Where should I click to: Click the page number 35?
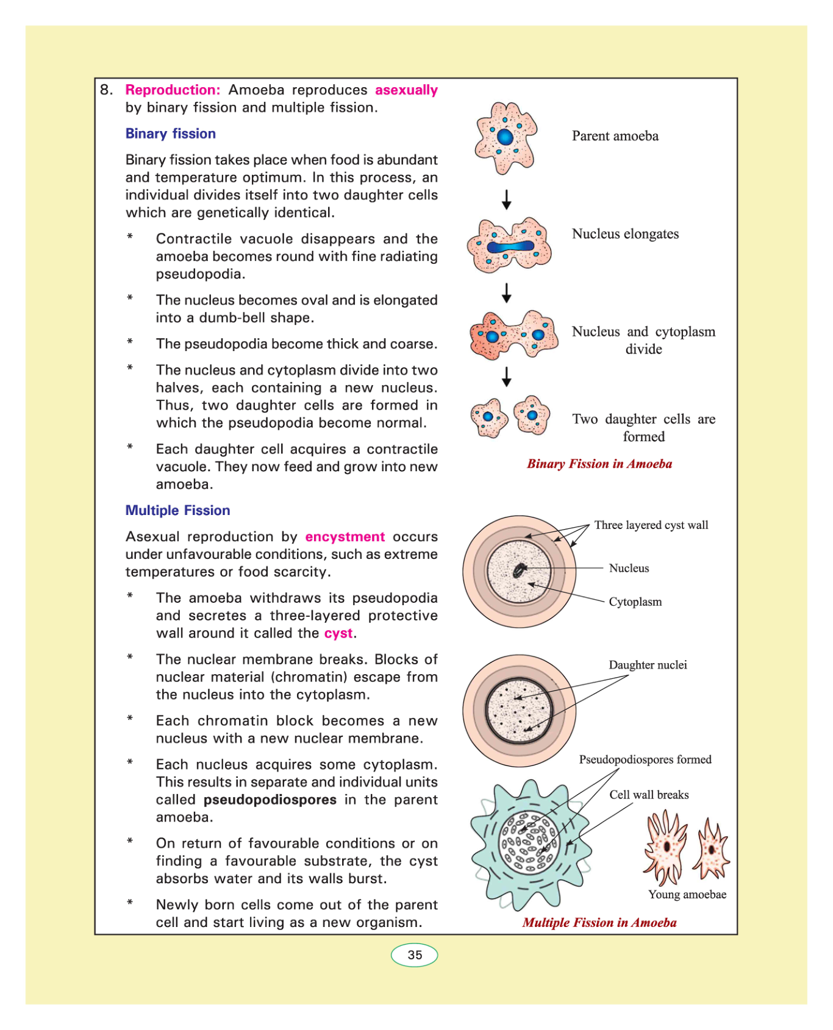point(415,955)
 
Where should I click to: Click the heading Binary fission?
point(171,133)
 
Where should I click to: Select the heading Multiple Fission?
point(177,510)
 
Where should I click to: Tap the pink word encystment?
point(345,536)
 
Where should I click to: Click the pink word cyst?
point(338,633)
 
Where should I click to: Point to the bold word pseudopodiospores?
point(270,800)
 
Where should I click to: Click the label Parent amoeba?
point(615,136)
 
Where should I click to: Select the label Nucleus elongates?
point(625,234)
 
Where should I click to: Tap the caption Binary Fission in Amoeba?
point(599,464)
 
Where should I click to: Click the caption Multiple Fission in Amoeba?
point(599,923)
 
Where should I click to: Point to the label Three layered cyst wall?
point(651,525)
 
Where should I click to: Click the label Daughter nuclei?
point(648,665)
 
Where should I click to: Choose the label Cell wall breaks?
point(649,795)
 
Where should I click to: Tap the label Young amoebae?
point(687,895)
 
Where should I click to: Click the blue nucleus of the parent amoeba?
point(505,137)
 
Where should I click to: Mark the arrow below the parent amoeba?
point(506,199)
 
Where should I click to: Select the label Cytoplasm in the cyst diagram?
point(635,602)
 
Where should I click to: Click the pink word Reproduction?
point(173,90)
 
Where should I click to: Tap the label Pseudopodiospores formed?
point(645,759)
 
